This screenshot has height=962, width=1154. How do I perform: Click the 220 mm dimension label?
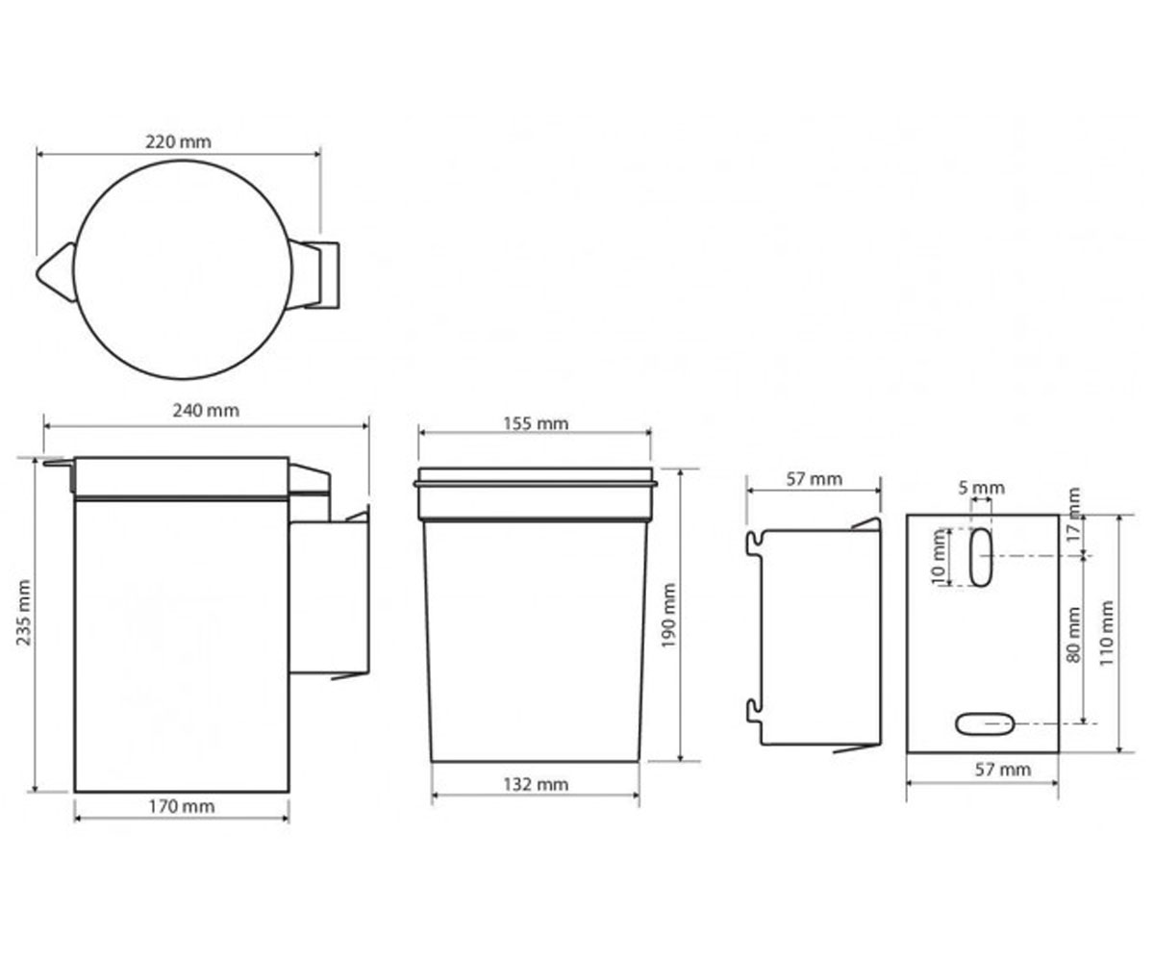pyautogui.click(x=178, y=142)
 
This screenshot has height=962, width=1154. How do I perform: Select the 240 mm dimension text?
pyautogui.click(x=206, y=411)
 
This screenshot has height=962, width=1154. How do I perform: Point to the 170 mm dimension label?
pyautogui.click(x=182, y=807)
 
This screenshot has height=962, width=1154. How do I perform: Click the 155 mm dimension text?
pyautogui.click(x=536, y=424)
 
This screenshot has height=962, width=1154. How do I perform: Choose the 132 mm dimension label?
pyautogui.click(x=536, y=785)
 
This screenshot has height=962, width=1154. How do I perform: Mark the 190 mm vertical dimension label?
pyautogui.click(x=668, y=616)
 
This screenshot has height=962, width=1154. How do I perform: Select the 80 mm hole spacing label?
pyautogui.click(x=1074, y=635)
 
